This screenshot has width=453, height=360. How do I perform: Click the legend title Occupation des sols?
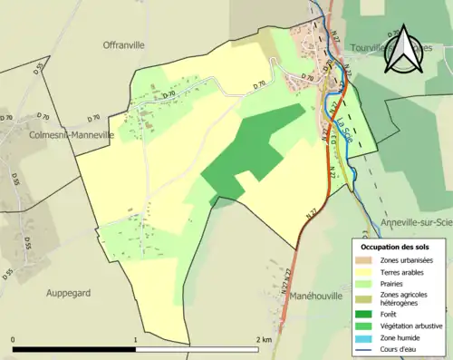tap(395, 247)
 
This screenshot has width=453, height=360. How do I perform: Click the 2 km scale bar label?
tap(265, 339)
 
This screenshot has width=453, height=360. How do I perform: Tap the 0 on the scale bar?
tap(14, 339)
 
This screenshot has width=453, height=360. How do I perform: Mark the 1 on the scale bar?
tap(135, 339)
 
